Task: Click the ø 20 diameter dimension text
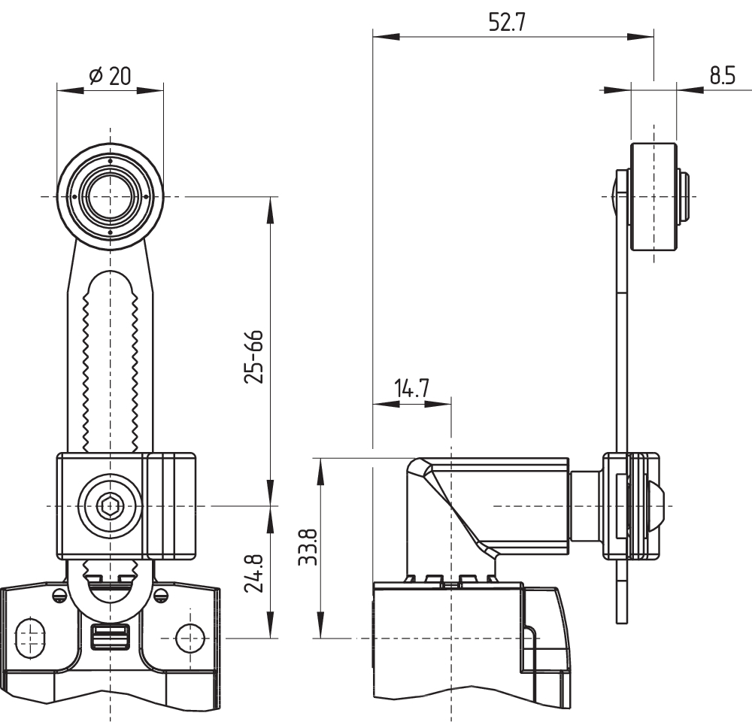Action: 109,76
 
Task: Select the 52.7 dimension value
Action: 507,23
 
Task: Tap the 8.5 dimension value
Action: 722,76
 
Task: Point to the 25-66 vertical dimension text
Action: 253,356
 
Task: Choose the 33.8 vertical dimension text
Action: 308,546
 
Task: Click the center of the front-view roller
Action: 110,196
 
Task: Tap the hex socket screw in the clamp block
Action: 111,506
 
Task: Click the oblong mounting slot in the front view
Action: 31,638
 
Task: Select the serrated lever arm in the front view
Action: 111,361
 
